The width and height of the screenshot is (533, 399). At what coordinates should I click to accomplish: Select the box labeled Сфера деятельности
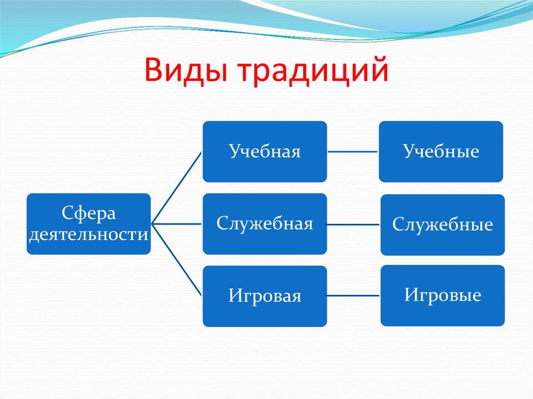(88, 224)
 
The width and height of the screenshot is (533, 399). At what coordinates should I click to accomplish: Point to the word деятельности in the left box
(88, 235)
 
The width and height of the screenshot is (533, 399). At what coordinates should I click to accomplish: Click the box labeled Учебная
(264, 151)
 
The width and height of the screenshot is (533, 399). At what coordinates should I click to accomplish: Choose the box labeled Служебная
(264, 224)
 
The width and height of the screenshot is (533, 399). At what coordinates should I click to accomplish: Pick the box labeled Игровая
(264, 296)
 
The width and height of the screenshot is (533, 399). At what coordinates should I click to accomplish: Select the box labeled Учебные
(440, 151)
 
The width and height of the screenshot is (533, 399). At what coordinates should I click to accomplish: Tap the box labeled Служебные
(442, 225)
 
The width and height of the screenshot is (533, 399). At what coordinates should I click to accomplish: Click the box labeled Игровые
(442, 295)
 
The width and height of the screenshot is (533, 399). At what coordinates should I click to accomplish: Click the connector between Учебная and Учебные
(353, 152)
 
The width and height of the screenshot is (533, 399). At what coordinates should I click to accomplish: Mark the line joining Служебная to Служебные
(354, 225)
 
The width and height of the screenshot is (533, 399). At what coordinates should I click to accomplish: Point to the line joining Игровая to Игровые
(354, 296)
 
